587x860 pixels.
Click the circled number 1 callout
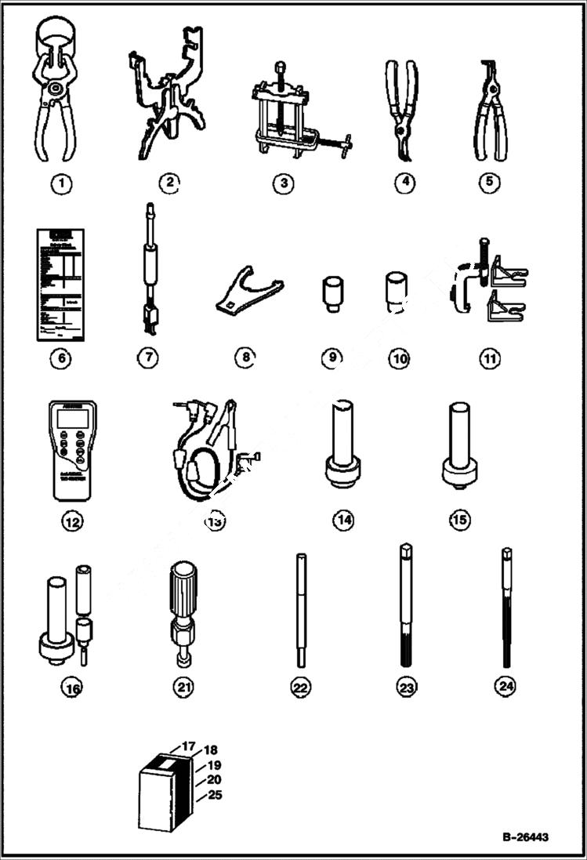click(61, 183)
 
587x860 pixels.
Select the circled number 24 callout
click(505, 686)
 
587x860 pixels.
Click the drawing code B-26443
click(525, 836)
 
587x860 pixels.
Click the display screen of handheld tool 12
click(72, 419)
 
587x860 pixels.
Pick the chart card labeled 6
click(60, 285)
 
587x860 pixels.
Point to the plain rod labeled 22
click(301, 611)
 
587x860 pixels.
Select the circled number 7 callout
click(147, 357)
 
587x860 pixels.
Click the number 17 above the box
click(189, 747)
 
